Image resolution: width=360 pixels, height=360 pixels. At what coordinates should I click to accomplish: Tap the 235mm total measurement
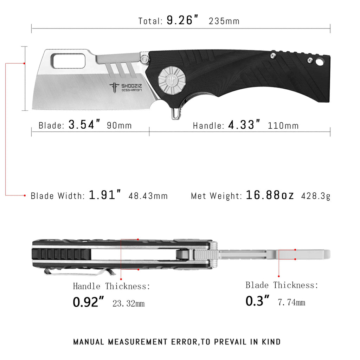click(224, 21)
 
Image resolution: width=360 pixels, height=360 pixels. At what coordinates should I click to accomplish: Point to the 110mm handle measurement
click(283, 126)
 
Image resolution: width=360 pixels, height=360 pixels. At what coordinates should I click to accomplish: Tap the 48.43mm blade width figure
click(148, 196)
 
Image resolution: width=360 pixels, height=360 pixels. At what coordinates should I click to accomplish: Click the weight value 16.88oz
click(270, 195)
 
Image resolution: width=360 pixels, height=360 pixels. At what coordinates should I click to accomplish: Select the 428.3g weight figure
click(316, 196)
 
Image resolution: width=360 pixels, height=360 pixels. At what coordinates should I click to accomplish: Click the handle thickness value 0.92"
click(89, 302)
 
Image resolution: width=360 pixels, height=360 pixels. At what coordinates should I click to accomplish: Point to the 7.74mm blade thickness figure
click(291, 302)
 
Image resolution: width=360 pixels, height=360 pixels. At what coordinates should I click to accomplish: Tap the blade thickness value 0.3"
click(257, 301)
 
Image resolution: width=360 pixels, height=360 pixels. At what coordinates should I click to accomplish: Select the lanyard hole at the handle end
click(320, 62)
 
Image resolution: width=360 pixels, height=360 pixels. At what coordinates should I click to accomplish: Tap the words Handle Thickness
click(111, 286)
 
